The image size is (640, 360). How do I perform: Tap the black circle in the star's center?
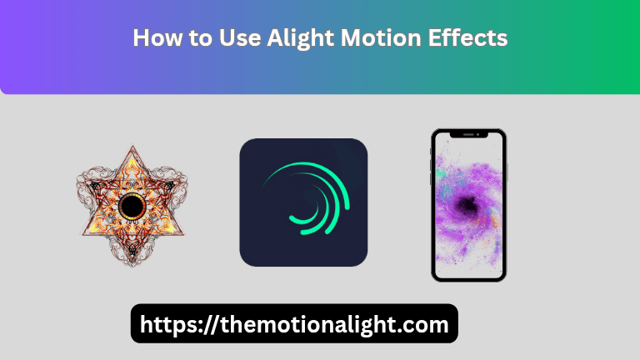click(132, 205)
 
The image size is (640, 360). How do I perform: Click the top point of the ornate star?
click(132, 148)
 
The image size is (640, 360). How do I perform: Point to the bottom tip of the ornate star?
click(132, 264)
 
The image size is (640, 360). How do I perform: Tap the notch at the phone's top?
click(468, 134)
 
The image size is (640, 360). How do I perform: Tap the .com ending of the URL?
click(424, 323)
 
